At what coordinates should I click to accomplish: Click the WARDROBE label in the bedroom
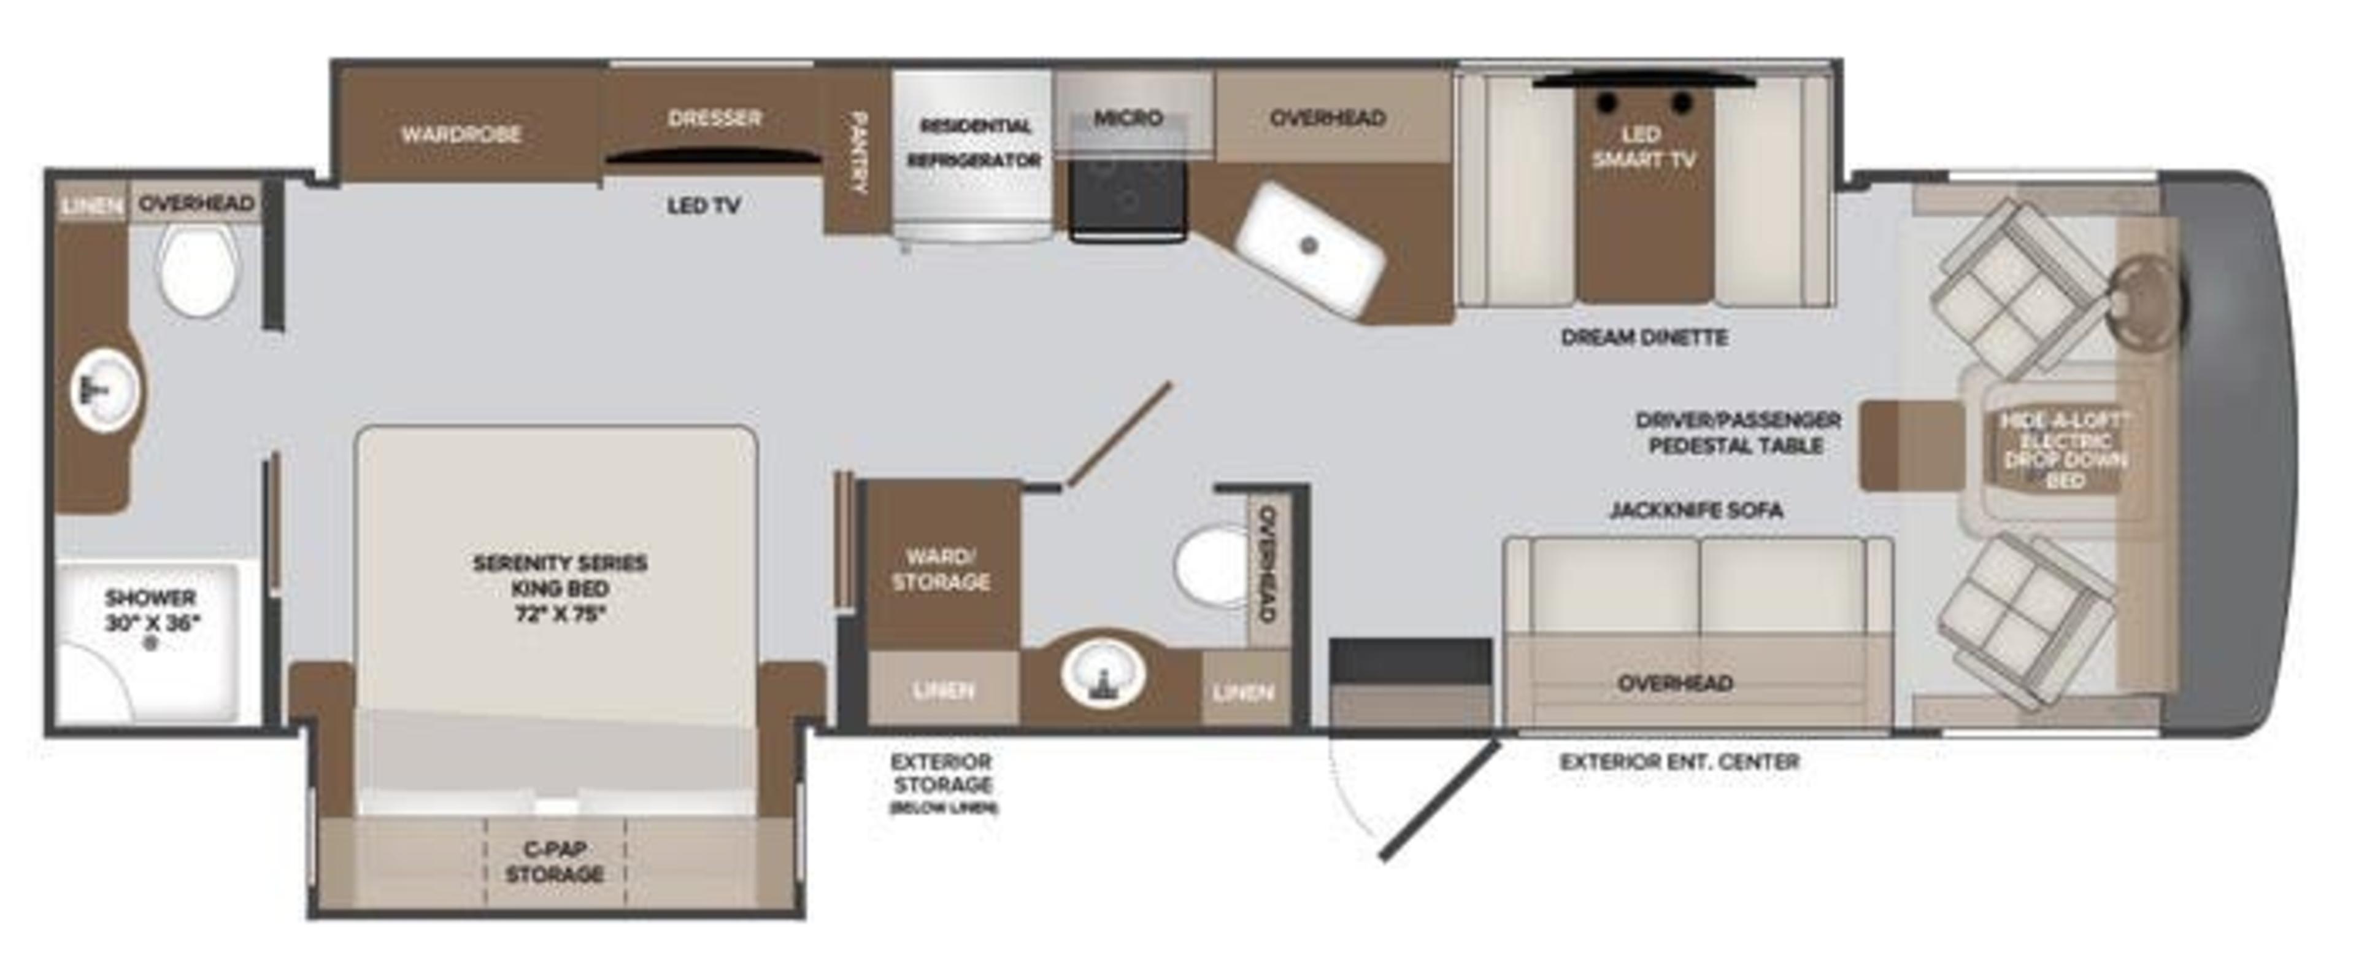(x=461, y=134)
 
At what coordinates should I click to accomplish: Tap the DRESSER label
(x=714, y=118)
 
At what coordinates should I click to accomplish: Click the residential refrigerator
(x=973, y=155)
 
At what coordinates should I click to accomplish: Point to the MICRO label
(x=1128, y=118)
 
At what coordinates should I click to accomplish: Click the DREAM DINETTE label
(x=1644, y=338)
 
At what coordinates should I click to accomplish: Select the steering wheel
(x=2149, y=293)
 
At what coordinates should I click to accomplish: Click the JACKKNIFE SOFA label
(x=1696, y=510)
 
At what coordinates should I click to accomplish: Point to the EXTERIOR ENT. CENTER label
(x=1679, y=761)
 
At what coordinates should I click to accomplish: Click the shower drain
(x=152, y=644)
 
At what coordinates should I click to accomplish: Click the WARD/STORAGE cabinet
(x=941, y=569)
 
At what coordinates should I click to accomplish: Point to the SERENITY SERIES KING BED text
(x=560, y=588)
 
